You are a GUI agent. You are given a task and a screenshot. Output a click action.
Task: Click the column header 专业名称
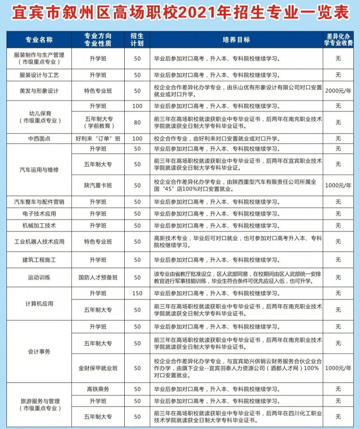point(39,40)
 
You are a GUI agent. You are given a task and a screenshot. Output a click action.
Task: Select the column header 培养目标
point(236,40)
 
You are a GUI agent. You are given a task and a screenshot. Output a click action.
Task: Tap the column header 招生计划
point(137,40)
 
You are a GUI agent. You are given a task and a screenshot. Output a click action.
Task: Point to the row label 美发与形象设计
point(39,91)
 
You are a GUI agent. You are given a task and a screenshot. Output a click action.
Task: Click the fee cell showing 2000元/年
point(338,91)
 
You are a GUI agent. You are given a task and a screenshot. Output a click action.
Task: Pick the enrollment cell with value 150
point(137,293)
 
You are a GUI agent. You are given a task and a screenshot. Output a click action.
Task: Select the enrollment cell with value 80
point(137,122)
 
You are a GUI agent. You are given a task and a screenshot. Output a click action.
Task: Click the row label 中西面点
point(39,139)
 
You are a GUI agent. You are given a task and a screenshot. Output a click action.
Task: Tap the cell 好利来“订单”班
point(98,139)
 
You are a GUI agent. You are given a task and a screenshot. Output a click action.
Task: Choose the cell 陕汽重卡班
point(98,186)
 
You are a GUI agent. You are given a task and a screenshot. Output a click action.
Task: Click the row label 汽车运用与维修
point(39,170)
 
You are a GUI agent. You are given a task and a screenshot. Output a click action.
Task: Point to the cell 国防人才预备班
point(98,277)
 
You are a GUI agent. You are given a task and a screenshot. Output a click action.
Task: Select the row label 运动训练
point(39,277)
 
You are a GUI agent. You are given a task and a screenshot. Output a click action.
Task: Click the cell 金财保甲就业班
point(98,368)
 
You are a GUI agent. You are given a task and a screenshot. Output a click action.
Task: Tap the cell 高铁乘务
point(98,389)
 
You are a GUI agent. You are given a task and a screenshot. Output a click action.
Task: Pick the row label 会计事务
point(39,352)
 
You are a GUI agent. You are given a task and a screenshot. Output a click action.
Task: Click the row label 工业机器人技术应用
point(39,242)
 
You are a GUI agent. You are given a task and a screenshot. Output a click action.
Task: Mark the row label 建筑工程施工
point(39,260)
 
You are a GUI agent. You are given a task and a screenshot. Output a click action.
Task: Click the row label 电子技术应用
point(39,214)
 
